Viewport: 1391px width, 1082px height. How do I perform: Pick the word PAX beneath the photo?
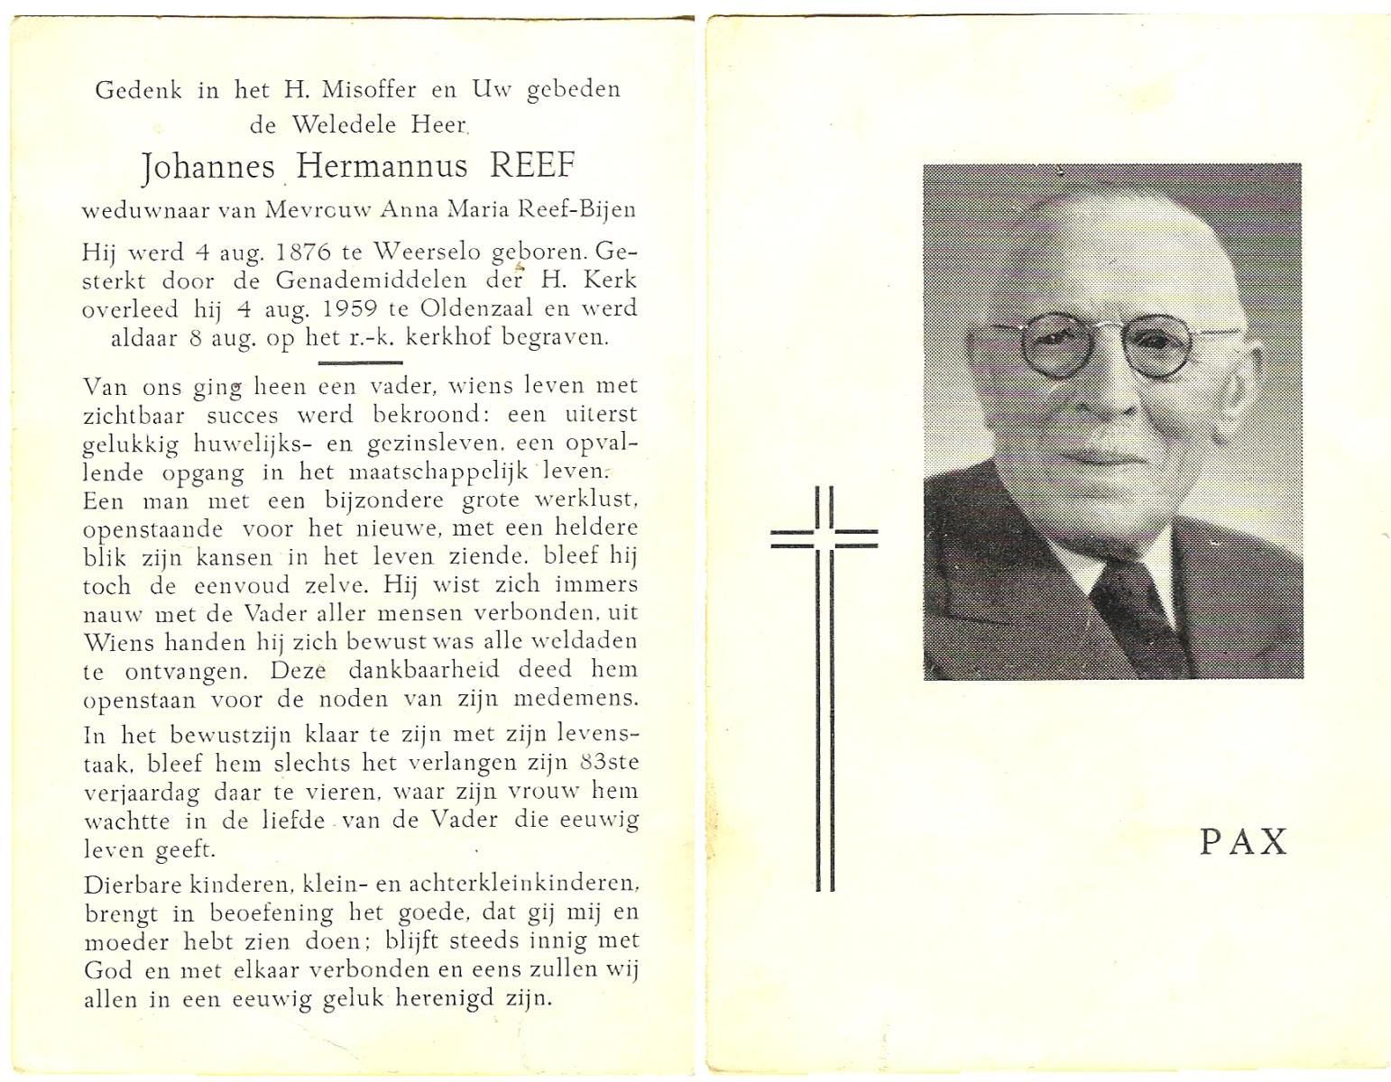(1243, 841)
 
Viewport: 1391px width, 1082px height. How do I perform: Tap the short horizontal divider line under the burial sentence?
(361, 362)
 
